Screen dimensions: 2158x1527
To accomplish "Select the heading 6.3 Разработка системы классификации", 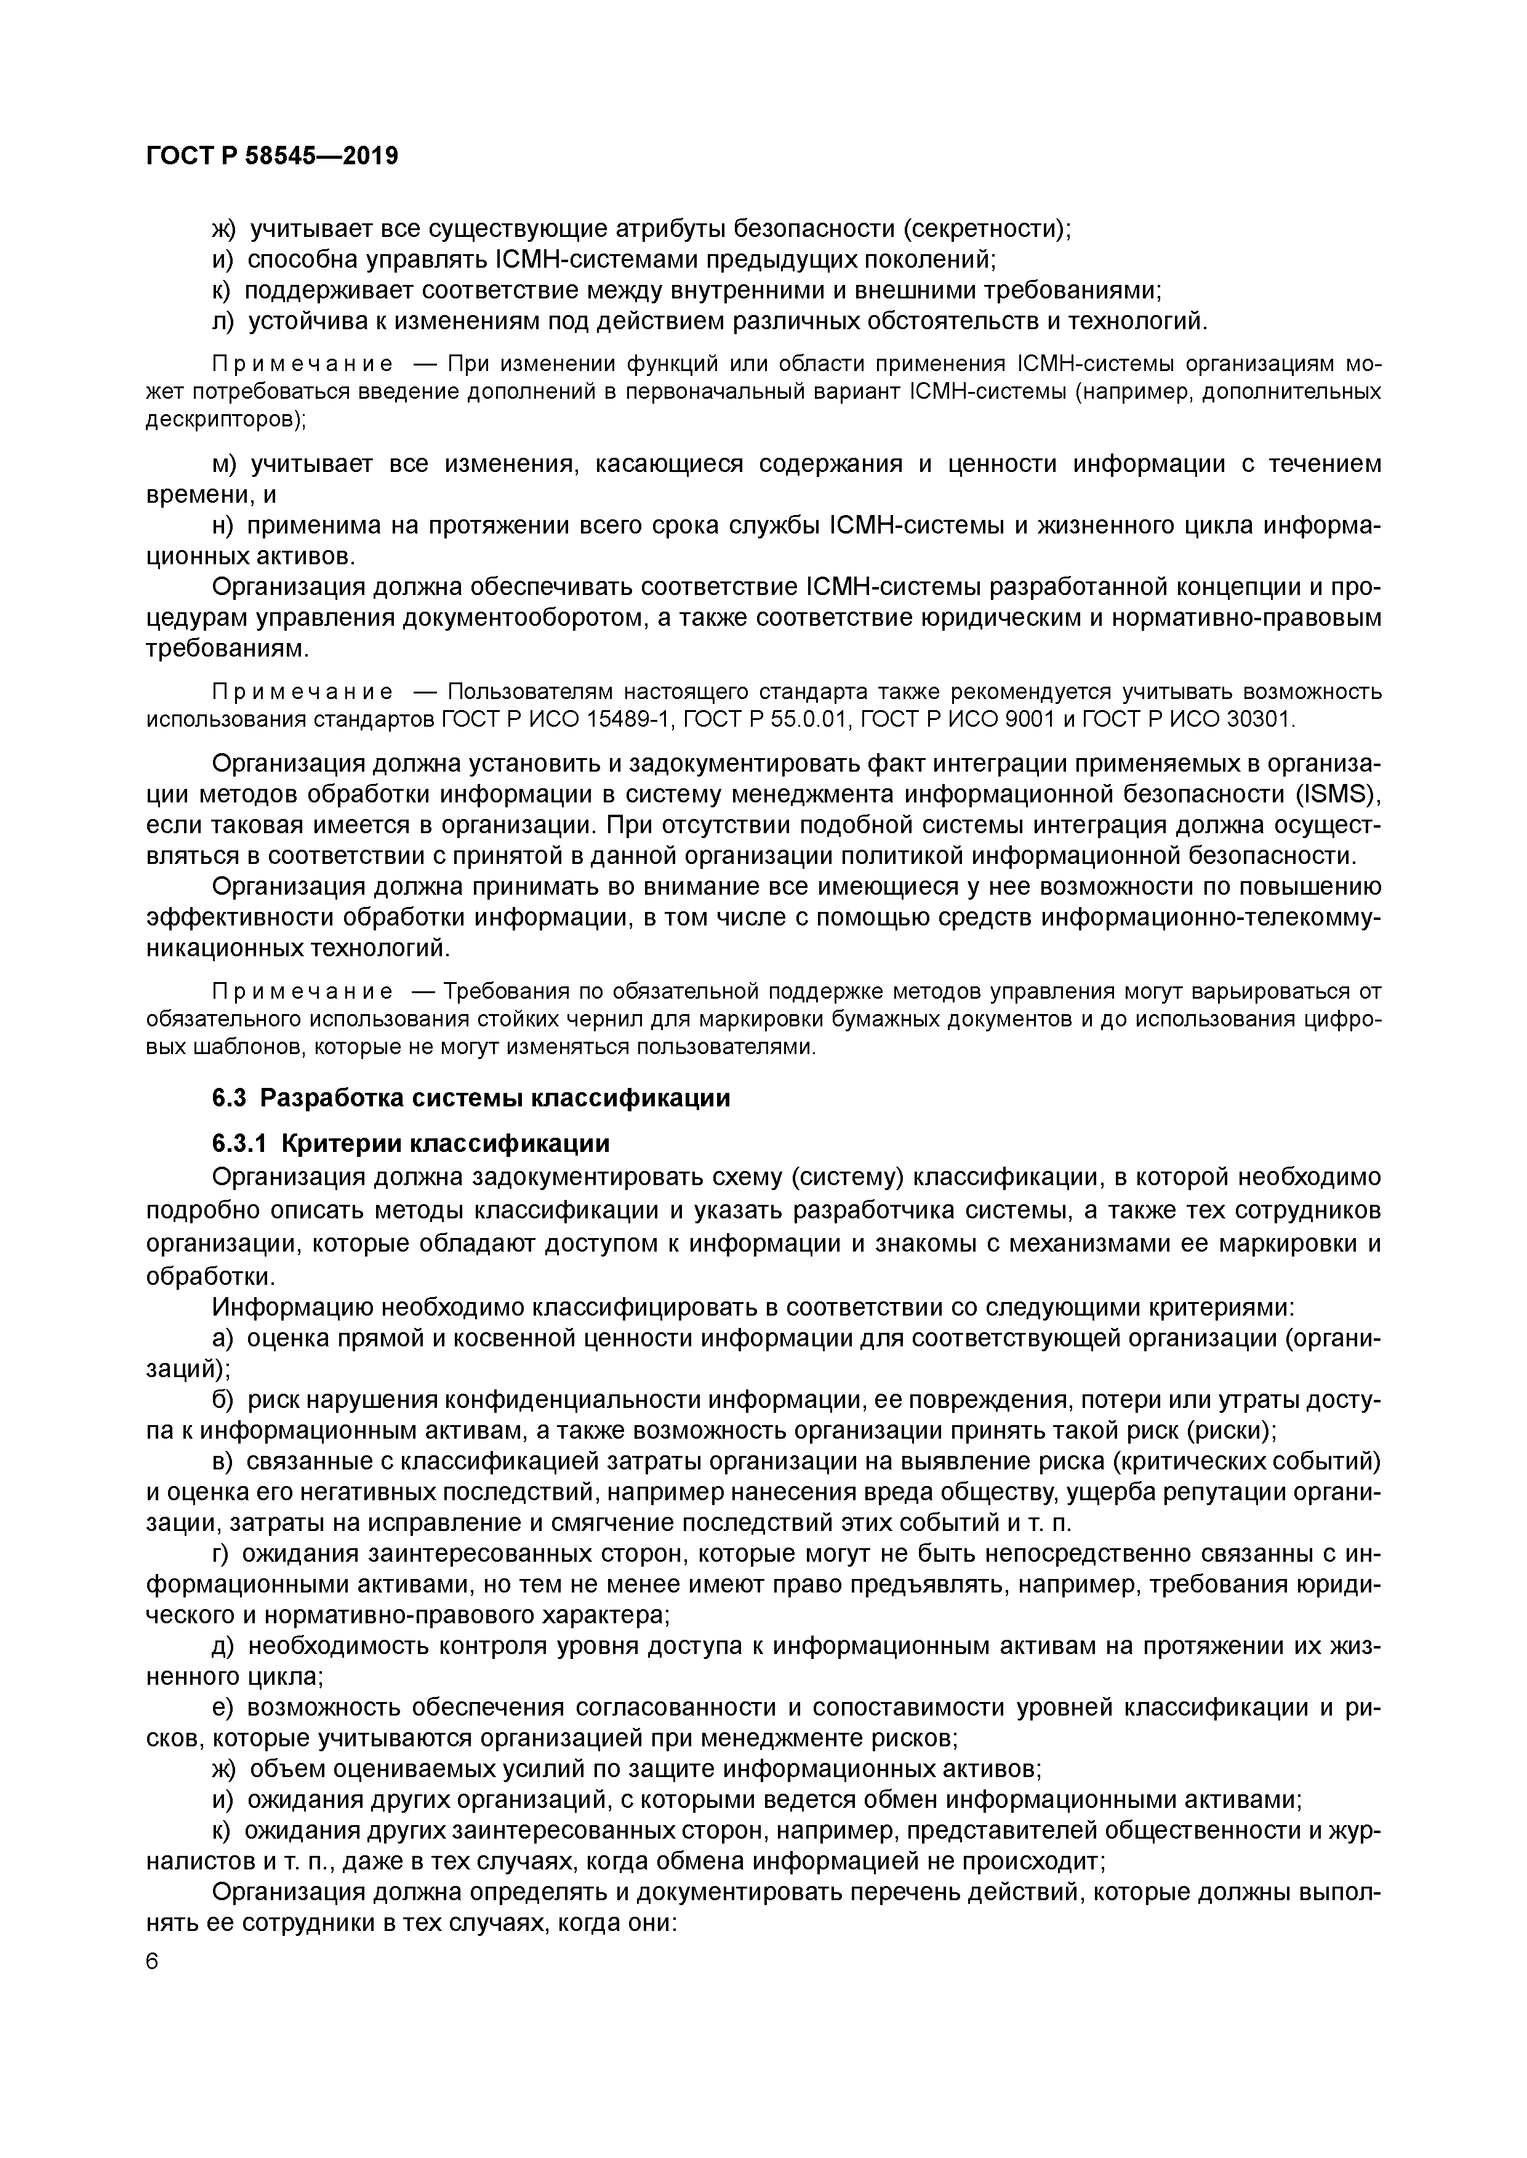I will [x=471, y=1098].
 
